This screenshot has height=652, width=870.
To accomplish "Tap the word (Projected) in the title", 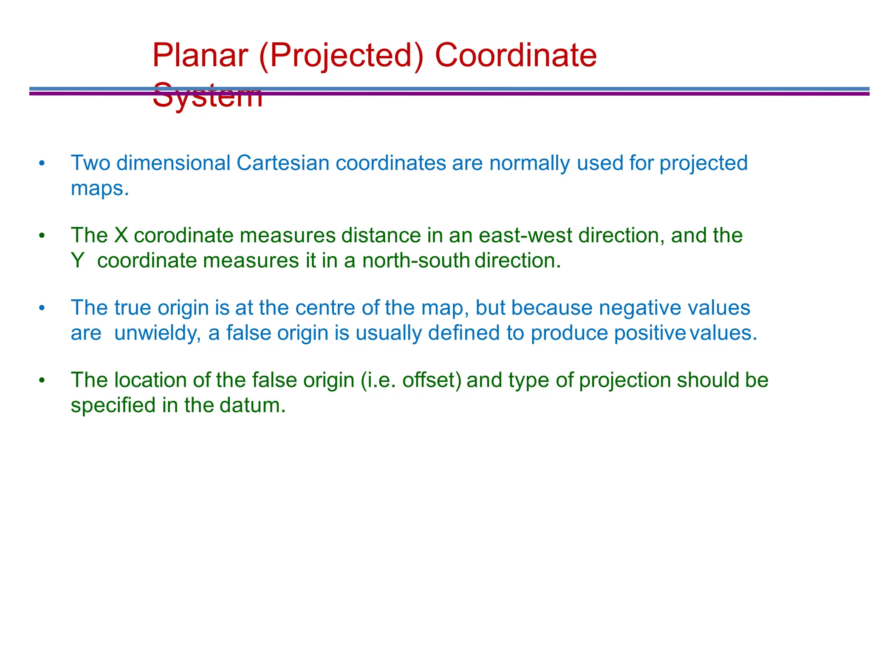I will pos(341,56).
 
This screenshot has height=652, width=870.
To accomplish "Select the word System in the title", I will pos(207,96).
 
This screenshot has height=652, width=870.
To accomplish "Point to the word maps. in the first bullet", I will pos(99,188).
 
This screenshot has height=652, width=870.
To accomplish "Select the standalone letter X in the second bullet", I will pos(121,235).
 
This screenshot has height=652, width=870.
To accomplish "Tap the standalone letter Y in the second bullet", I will pos(77,261).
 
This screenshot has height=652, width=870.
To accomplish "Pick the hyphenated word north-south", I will pos(415,261).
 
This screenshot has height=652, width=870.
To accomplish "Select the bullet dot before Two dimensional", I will pos(41,164).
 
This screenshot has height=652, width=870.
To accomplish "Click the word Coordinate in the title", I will pos(516,56).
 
